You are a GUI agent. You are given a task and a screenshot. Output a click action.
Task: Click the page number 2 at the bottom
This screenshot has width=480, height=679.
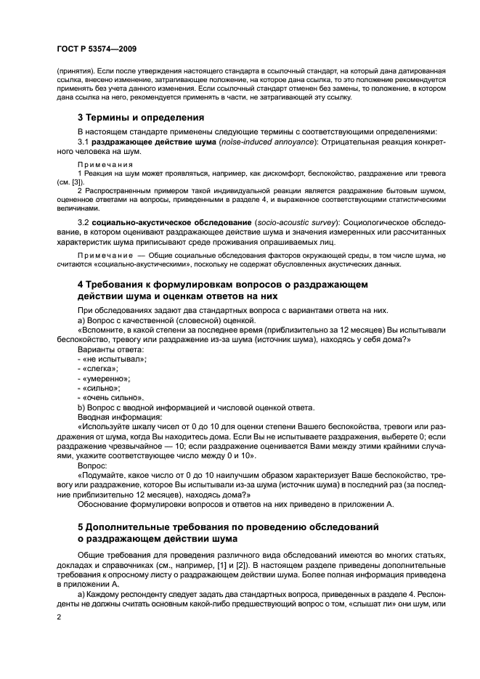pos(58,617)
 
